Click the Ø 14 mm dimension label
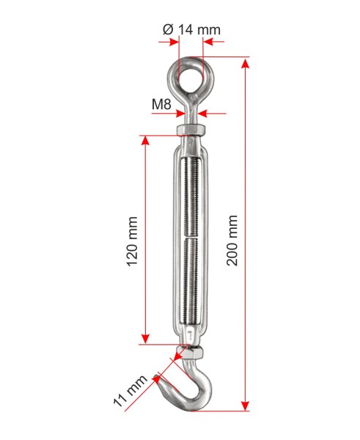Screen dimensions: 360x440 point(191,29)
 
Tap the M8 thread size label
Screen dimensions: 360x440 point(161,104)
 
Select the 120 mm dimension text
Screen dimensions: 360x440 point(132,241)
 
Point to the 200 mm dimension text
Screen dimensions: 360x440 point(232,241)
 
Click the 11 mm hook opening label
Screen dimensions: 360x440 point(130,390)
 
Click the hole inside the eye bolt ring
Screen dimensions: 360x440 point(191,78)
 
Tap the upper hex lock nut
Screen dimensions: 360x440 point(191,130)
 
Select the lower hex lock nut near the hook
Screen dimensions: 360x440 point(189,353)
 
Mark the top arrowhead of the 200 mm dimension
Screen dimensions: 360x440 point(245,63)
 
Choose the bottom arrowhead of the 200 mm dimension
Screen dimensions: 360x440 point(245,406)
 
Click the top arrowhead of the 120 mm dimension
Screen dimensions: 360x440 point(145,140)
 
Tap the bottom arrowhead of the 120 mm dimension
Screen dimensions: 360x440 point(145,339)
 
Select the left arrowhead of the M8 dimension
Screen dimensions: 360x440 point(180,114)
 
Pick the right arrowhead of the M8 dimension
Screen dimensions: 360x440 point(202,114)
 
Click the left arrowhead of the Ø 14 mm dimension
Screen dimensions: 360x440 point(174,42)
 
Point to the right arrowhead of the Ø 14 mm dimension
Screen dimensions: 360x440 point(208,42)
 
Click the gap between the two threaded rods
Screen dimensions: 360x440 point(191,237)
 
